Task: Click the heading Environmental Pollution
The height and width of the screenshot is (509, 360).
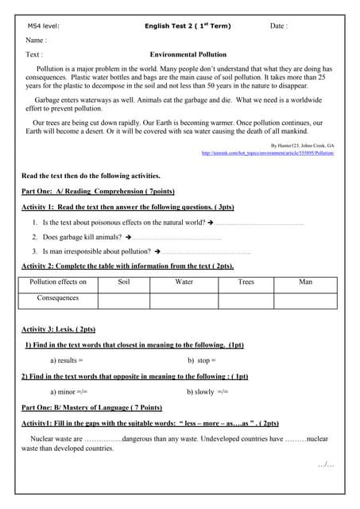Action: [188, 55]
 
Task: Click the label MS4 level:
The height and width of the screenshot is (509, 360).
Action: [44, 26]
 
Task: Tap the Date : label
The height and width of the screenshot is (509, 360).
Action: [278, 26]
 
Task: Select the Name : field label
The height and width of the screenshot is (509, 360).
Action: [37, 40]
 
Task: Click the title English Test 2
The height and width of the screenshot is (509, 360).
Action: [188, 26]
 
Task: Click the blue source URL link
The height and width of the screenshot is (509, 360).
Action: [268, 153]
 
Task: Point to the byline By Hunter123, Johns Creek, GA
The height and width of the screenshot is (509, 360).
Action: [303, 146]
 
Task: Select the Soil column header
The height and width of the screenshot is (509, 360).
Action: [123, 282]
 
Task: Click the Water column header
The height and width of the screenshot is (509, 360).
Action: [184, 282]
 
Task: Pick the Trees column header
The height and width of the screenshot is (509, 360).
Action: [246, 282]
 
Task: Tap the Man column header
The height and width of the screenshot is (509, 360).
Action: [306, 282]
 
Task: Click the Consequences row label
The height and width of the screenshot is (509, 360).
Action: [58, 298]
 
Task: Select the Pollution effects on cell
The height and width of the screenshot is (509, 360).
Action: [58, 282]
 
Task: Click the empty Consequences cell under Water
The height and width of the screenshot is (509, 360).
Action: [184, 300]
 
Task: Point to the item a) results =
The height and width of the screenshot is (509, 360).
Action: [67, 360]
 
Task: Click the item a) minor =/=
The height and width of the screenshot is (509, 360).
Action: [68, 392]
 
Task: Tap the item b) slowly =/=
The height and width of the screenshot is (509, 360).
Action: [207, 392]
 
